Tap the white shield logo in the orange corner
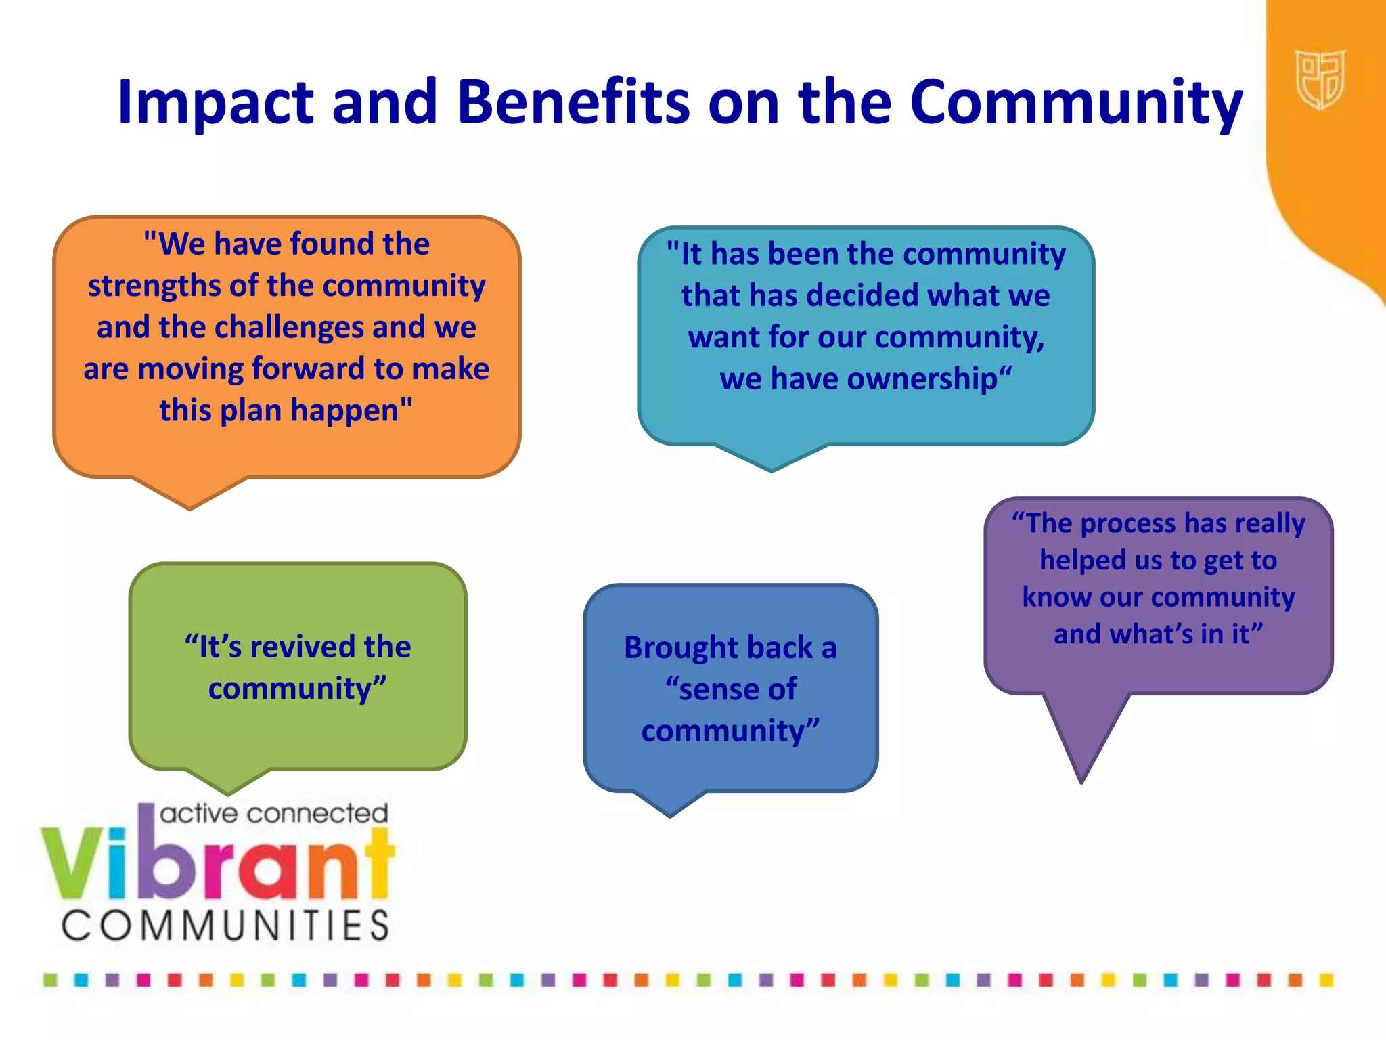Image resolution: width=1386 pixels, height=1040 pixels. [x=1320, y=79]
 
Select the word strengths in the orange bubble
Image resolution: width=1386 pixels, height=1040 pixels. [x=154, y=286]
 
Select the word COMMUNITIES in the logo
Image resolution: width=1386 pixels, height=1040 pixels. [x=226, y=926]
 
